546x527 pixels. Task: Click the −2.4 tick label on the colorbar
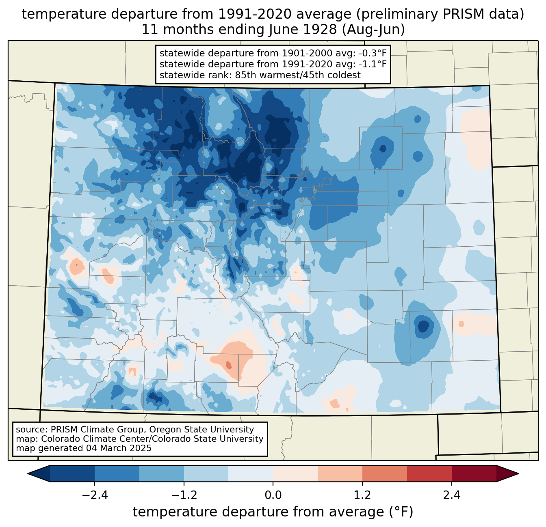95,495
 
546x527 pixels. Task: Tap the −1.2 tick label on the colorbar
184,495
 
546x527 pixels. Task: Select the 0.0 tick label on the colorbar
273,495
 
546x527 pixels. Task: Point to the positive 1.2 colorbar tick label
362,495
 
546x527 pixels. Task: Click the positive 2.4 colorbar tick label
451,495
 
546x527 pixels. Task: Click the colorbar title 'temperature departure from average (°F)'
273,512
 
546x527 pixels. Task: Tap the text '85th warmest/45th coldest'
298,75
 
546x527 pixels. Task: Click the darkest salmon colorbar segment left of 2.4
429,473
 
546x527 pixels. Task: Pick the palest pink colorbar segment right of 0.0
295,473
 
